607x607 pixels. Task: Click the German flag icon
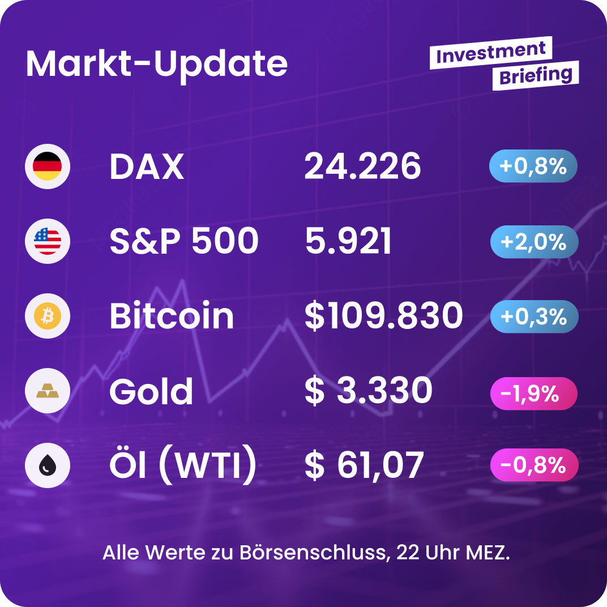[x=48, y=166]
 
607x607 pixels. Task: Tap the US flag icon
[x=48, y=241]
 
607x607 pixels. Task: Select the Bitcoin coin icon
[x=48, y=316]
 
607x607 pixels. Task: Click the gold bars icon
[x=48, y=391]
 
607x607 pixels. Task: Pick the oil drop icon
[x=48, y=466]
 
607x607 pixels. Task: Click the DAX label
[x=147, y=167]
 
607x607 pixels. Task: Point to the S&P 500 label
[x=184, y=242]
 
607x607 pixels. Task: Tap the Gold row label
[x=151, y=392]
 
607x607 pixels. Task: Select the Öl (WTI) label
[x=182, y=466]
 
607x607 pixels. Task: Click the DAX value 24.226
[x=362, y=167]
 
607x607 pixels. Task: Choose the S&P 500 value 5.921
[x=348, y=242]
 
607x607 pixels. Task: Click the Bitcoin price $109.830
[x=383, y=317]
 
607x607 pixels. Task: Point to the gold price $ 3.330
[x=368, y=391]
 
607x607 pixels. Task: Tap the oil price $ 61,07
[x=364, y=466]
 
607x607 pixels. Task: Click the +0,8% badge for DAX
[x=533, y=166]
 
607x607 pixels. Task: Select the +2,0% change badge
[x=533, y=242]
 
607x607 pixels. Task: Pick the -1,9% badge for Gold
[x=533, y=393]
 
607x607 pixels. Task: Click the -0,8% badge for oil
[x=533, y=465]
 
